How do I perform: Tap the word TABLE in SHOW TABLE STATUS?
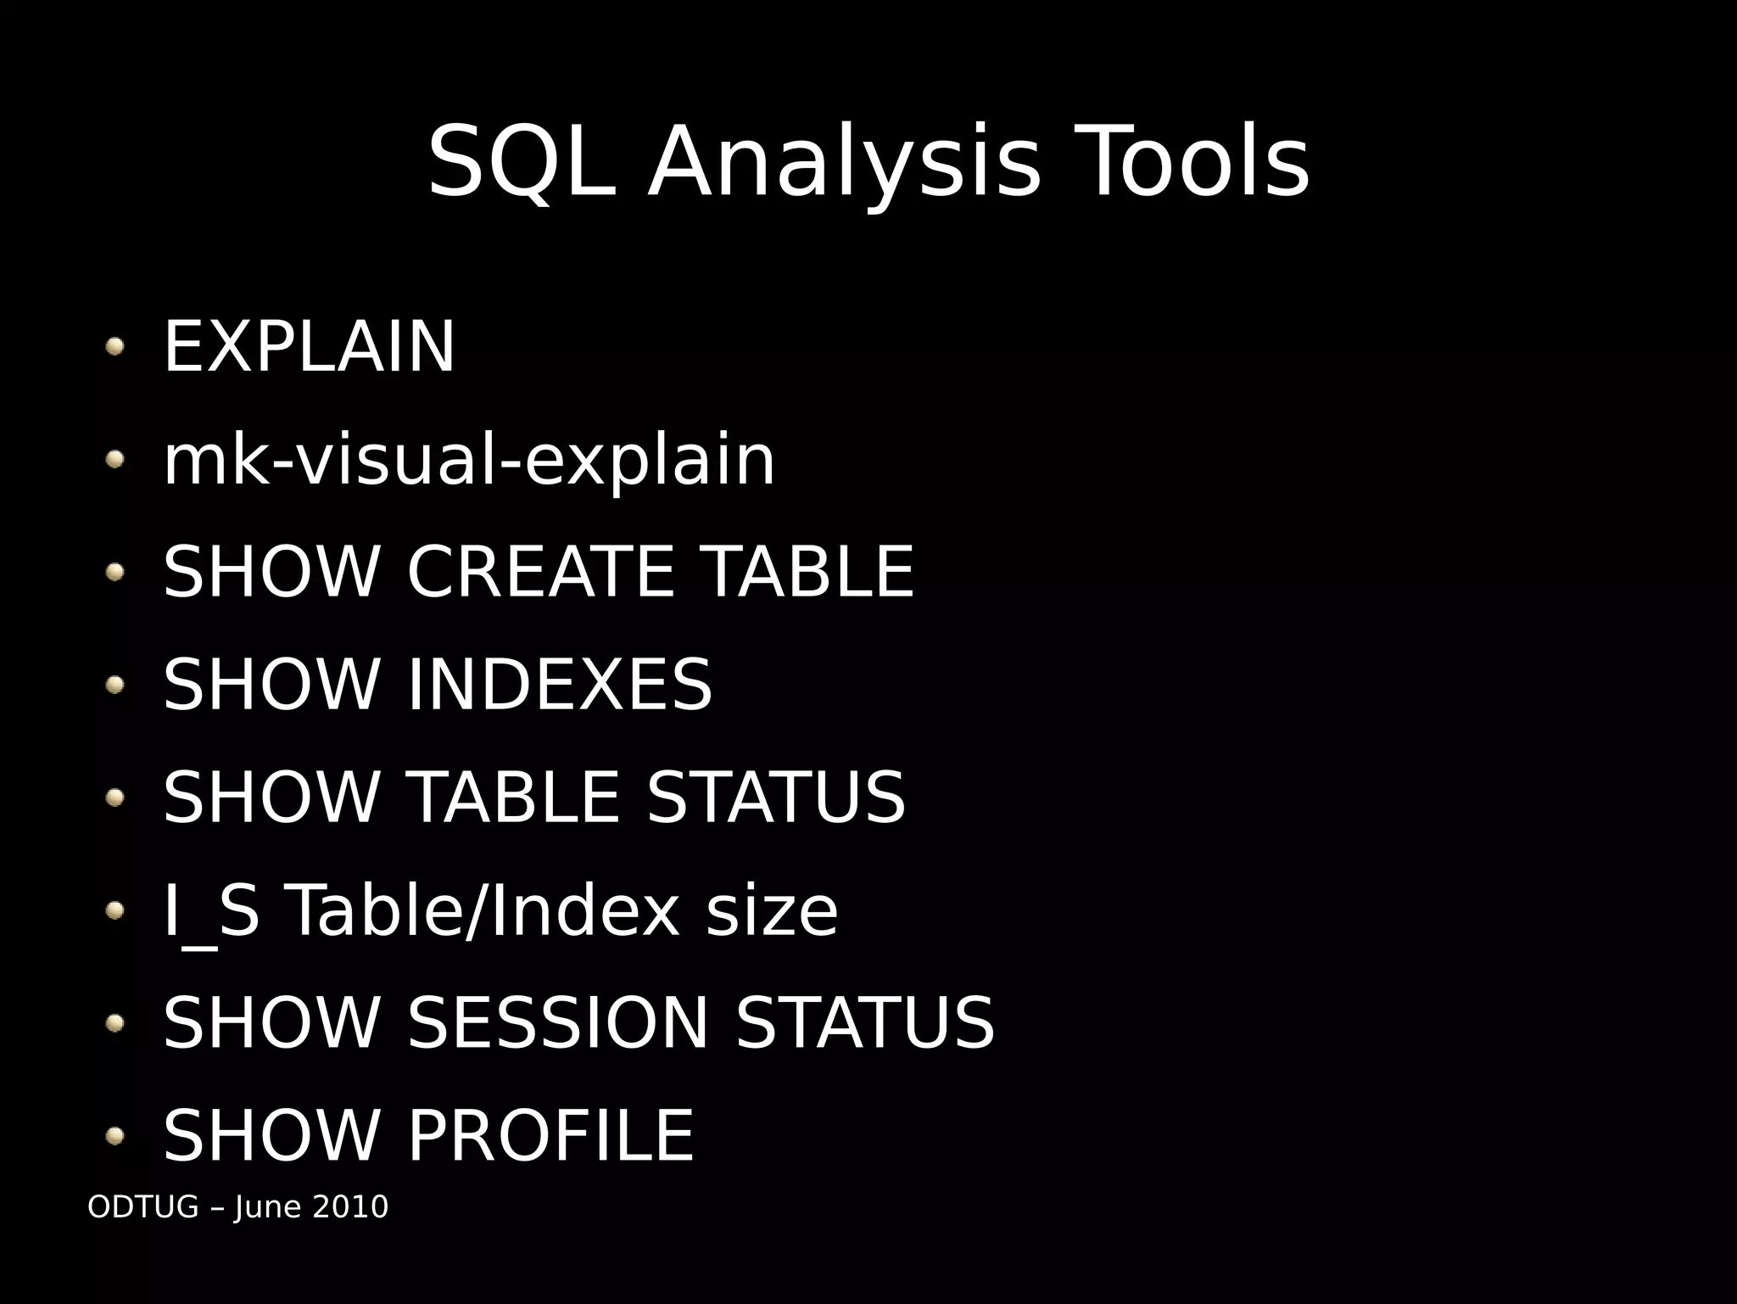click(x=514, y=797)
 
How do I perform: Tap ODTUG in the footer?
click(x=143, y=1206)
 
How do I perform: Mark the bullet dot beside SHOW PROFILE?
click(x=115, y=1136)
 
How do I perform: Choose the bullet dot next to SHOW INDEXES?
click(x=115, y=684)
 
